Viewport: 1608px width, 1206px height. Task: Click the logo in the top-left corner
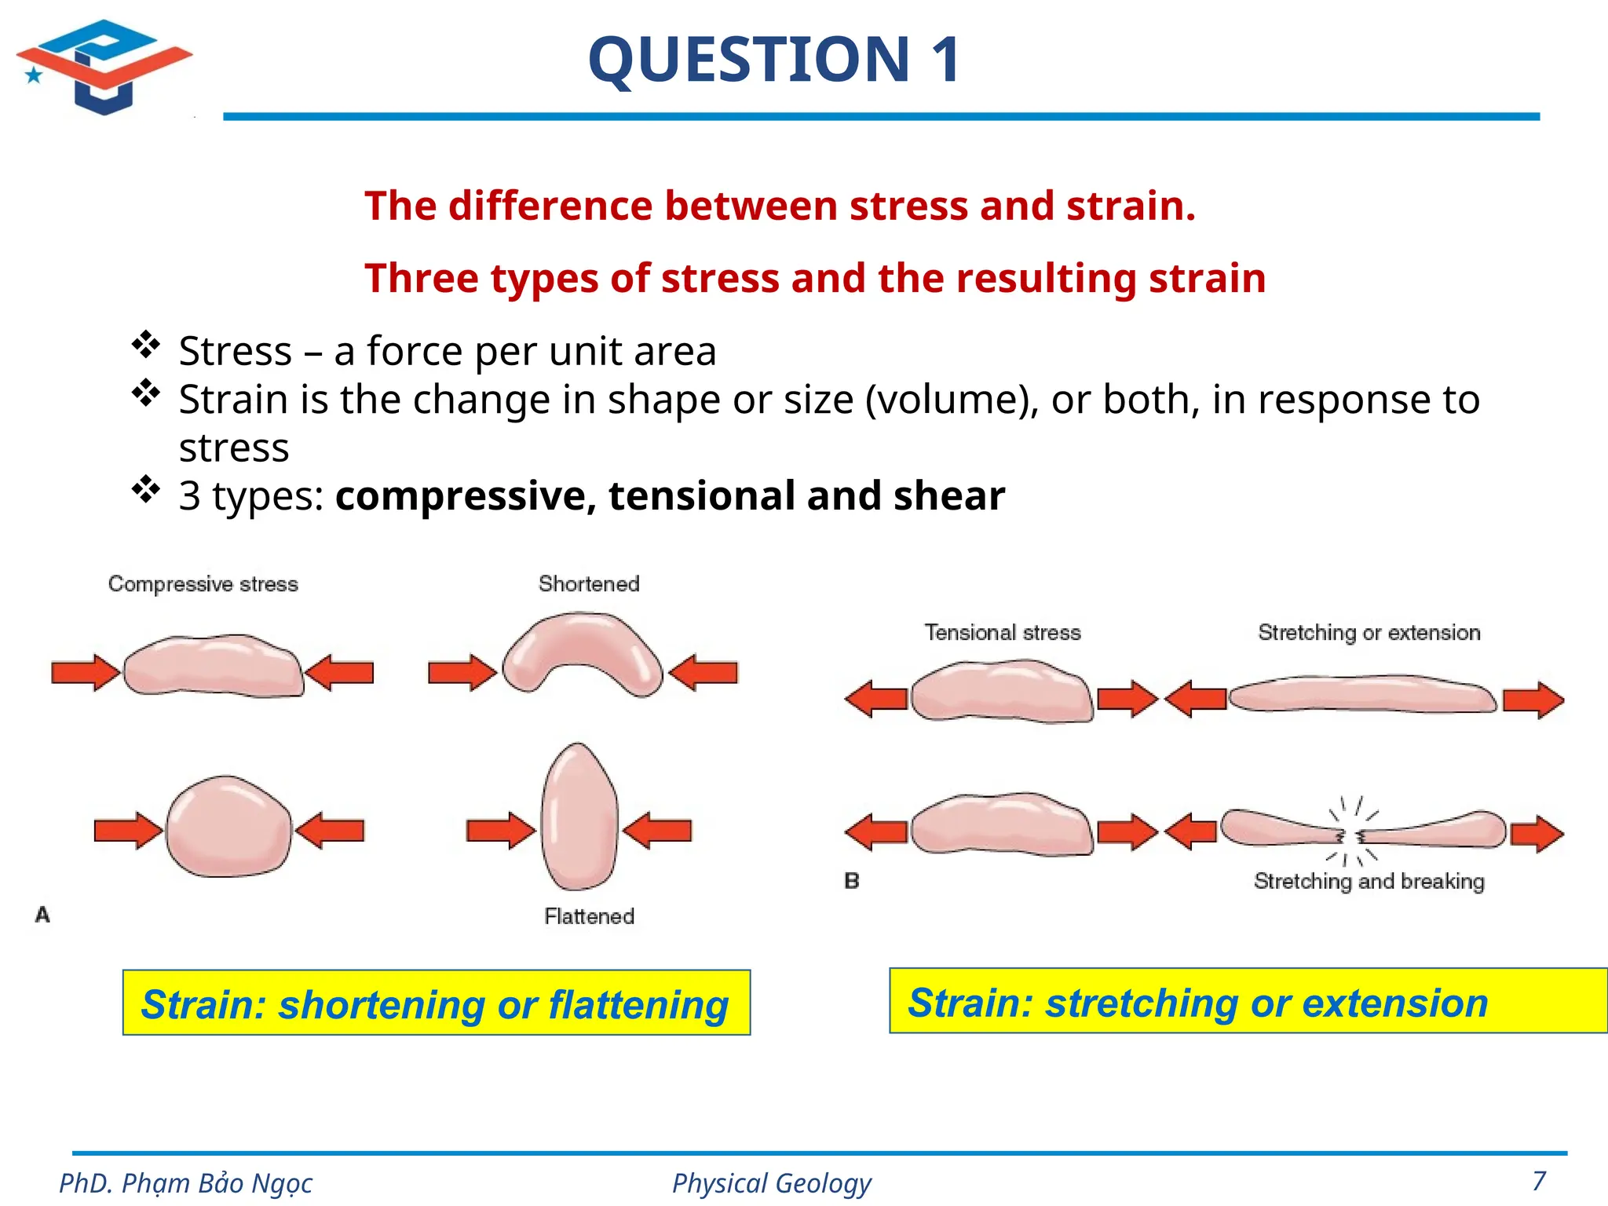pyautogui.click(x=104, y=67)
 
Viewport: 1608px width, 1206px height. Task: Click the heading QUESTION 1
pyautogui.click(x=774, y=60)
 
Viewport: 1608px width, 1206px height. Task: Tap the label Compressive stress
pyautogui.click(x=203, y=584)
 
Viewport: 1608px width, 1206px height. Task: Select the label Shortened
pyautogui.click(x=589, y=584)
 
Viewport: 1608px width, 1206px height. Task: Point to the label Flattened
pyautogui.click(x=589, y=916)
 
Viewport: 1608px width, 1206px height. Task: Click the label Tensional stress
pyautogui.click(x=1003, y=633)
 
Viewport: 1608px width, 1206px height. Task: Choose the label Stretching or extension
pyautogui.click(x=1369, y=633)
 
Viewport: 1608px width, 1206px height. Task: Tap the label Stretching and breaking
pyautogui.click(x=1369, y=882)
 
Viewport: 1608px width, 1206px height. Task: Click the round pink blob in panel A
pyautogui.click(x=228, y=827)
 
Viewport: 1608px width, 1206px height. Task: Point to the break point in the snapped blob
pyautogui.click(x=1351, y=836)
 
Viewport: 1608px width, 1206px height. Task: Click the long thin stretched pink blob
pyautogui.click(x=1362, y=694)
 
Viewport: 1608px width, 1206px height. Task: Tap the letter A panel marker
pyautogui.click(x=42, y=915)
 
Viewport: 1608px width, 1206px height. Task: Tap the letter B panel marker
pyautogui.click(x=852, y=881)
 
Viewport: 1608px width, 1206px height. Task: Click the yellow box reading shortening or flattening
pyautogui.click(x=437, y=1003)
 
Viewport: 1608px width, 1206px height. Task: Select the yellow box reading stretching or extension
pyautogui.click(x=1248, y=1001)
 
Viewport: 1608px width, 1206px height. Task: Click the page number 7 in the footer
pyautogui.click(x=1539, y=1180)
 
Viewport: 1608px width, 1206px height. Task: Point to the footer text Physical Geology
pyautogui.click(x=772, y=1183)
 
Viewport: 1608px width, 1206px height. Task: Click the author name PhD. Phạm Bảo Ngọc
pyautogui.click(x=186, y=1183)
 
